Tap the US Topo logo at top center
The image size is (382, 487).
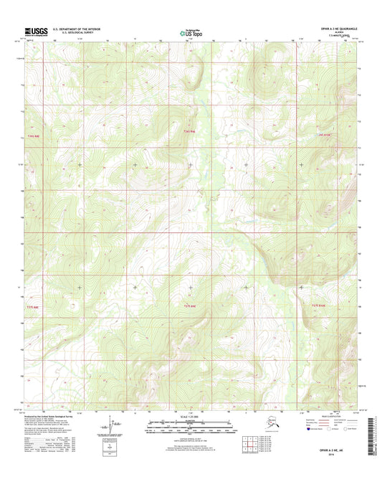tap(190, 32)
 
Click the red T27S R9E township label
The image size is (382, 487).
tap(189, 306)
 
